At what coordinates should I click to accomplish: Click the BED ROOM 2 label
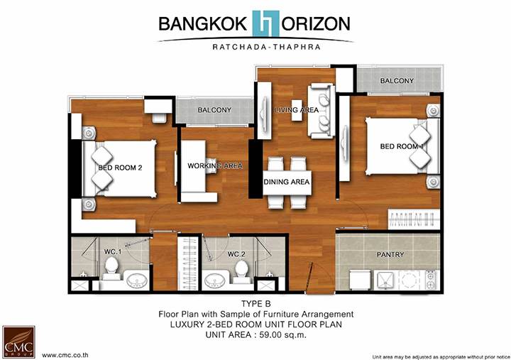[120, 168]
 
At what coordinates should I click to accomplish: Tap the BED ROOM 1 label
[402, 146]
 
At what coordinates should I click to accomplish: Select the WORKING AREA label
[215, 166]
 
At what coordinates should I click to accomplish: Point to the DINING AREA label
[287, 182]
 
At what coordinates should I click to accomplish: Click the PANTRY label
[390, 255]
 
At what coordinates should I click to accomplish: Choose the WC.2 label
[236, 254]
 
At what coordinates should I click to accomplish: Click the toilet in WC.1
[111, 268]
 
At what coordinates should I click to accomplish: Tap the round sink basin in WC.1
[136, 280]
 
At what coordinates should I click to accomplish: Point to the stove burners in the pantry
[432, 280]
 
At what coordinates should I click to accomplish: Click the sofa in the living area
[322, 111]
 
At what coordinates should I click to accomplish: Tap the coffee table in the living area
[297, 110]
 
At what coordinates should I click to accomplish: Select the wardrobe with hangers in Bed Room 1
[414, 219]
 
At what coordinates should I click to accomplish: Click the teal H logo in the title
[266, 23]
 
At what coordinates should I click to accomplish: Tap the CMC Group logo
[18, 342]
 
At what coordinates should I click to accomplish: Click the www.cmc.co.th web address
[65, 355]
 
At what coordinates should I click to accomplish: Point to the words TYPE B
[256, 304]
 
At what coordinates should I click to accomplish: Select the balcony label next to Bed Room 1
[397, 81]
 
